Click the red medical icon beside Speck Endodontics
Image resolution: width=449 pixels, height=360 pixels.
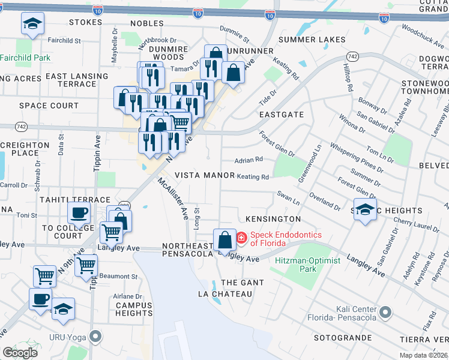coord(241,238)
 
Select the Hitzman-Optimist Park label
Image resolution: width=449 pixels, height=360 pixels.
coord(307,265)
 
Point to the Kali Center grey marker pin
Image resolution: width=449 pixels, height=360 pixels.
coord(385,313)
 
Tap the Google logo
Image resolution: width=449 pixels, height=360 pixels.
coord(20,352)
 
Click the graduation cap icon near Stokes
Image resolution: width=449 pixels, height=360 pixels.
coord(32,25)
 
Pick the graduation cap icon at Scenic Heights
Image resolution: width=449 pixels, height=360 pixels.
coord(364,210)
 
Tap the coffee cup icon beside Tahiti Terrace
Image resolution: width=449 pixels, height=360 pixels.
coord(79,212)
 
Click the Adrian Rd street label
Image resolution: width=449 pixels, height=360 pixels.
coord(249,160)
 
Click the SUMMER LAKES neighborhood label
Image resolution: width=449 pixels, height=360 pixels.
coord(312,40)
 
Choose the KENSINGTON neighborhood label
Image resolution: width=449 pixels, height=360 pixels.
coord(269,219)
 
